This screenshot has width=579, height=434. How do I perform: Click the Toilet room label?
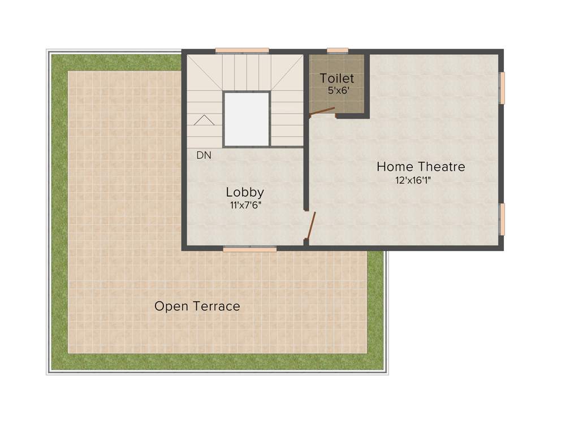(x=337, y=79)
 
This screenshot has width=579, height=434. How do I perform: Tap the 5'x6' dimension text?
(x=337, y=90)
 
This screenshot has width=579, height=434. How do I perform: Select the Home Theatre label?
(x=421, y=167)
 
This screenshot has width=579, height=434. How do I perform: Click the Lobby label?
(x=245, y=192)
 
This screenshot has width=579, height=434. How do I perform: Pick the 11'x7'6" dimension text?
(x=245, y=205)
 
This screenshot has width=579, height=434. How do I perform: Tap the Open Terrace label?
(x=197, y=306)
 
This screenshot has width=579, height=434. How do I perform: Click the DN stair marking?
(x=204, y=155)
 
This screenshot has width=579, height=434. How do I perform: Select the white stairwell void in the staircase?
(x=246, y=119)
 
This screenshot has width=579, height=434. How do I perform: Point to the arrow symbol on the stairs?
(x=204, y=120)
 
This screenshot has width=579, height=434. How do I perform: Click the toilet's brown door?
(x=322, y=112)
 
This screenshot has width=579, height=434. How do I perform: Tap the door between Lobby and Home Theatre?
(x=310, y=225)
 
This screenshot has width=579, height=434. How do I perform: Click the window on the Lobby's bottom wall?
(x=249, y=249)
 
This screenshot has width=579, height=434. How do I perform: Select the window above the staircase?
(x=242, y=51)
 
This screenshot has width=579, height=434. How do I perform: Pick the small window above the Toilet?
(x=338, y=51)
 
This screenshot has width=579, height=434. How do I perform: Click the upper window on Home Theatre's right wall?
(x=502, y=88)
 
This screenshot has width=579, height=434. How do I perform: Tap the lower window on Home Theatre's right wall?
(x=502, y=219)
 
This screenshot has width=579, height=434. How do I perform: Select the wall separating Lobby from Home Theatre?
(x=306, y=170)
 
